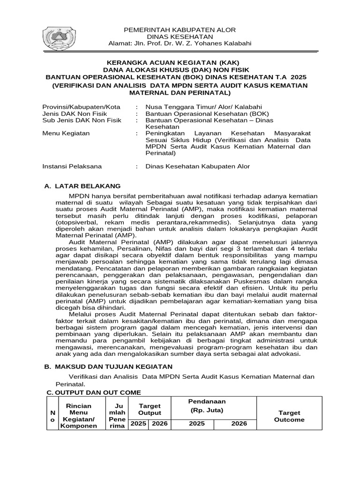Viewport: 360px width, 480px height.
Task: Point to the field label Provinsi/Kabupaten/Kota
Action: pyautogui.click(x=81, y=106)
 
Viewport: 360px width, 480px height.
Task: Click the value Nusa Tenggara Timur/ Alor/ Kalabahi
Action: pyautogui.click(x=203, y=106)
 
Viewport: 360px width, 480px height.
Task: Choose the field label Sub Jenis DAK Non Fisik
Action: pyautogui.click(x=82, y=120)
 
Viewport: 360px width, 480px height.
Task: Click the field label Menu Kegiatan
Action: pyautogui.click(x=66, y=133)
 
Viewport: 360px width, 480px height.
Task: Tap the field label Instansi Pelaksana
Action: pyautogui.click(x=72, y=166)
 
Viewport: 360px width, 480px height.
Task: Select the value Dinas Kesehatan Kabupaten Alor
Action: pyautogui.click(x=198, y=166)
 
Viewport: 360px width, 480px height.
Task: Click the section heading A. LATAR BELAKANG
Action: pyautogui.click(x=82, y=186)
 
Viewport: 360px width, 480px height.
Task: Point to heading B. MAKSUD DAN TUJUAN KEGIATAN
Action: pyautogui.click(x=108, y=366)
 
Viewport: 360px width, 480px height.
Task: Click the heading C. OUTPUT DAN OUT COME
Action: pyautogui.click(x=94, y=392)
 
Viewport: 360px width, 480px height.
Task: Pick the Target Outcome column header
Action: pyautogui.click(x=289, y=416)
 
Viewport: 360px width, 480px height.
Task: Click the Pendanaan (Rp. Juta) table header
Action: pyautogui.click(x=207, y=406)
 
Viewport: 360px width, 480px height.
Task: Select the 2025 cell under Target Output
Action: pyautogui.click(x=138, y=424)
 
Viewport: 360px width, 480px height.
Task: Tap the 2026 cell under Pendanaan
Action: pyautogui.click(x=239, y=424)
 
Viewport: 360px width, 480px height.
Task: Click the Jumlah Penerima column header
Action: pyautogui.click(x=117, y=416)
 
